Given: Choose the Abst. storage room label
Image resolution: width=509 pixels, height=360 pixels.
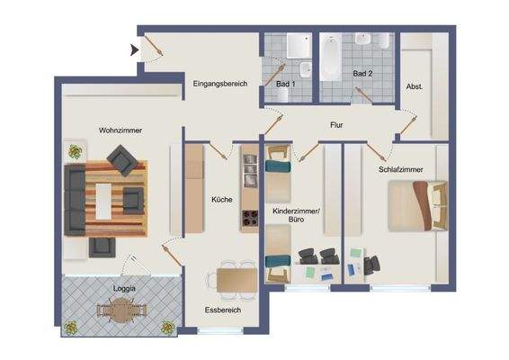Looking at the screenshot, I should [x=415, y=87].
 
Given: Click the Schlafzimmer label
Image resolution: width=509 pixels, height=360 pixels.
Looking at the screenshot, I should [x=392, y=168].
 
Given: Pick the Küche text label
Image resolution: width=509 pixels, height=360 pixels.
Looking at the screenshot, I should [x=222, y=199].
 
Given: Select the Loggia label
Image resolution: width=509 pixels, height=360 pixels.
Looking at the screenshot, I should [x=124, y=288].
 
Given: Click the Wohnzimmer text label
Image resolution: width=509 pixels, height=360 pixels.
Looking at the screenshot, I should [x=121, y=130].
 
